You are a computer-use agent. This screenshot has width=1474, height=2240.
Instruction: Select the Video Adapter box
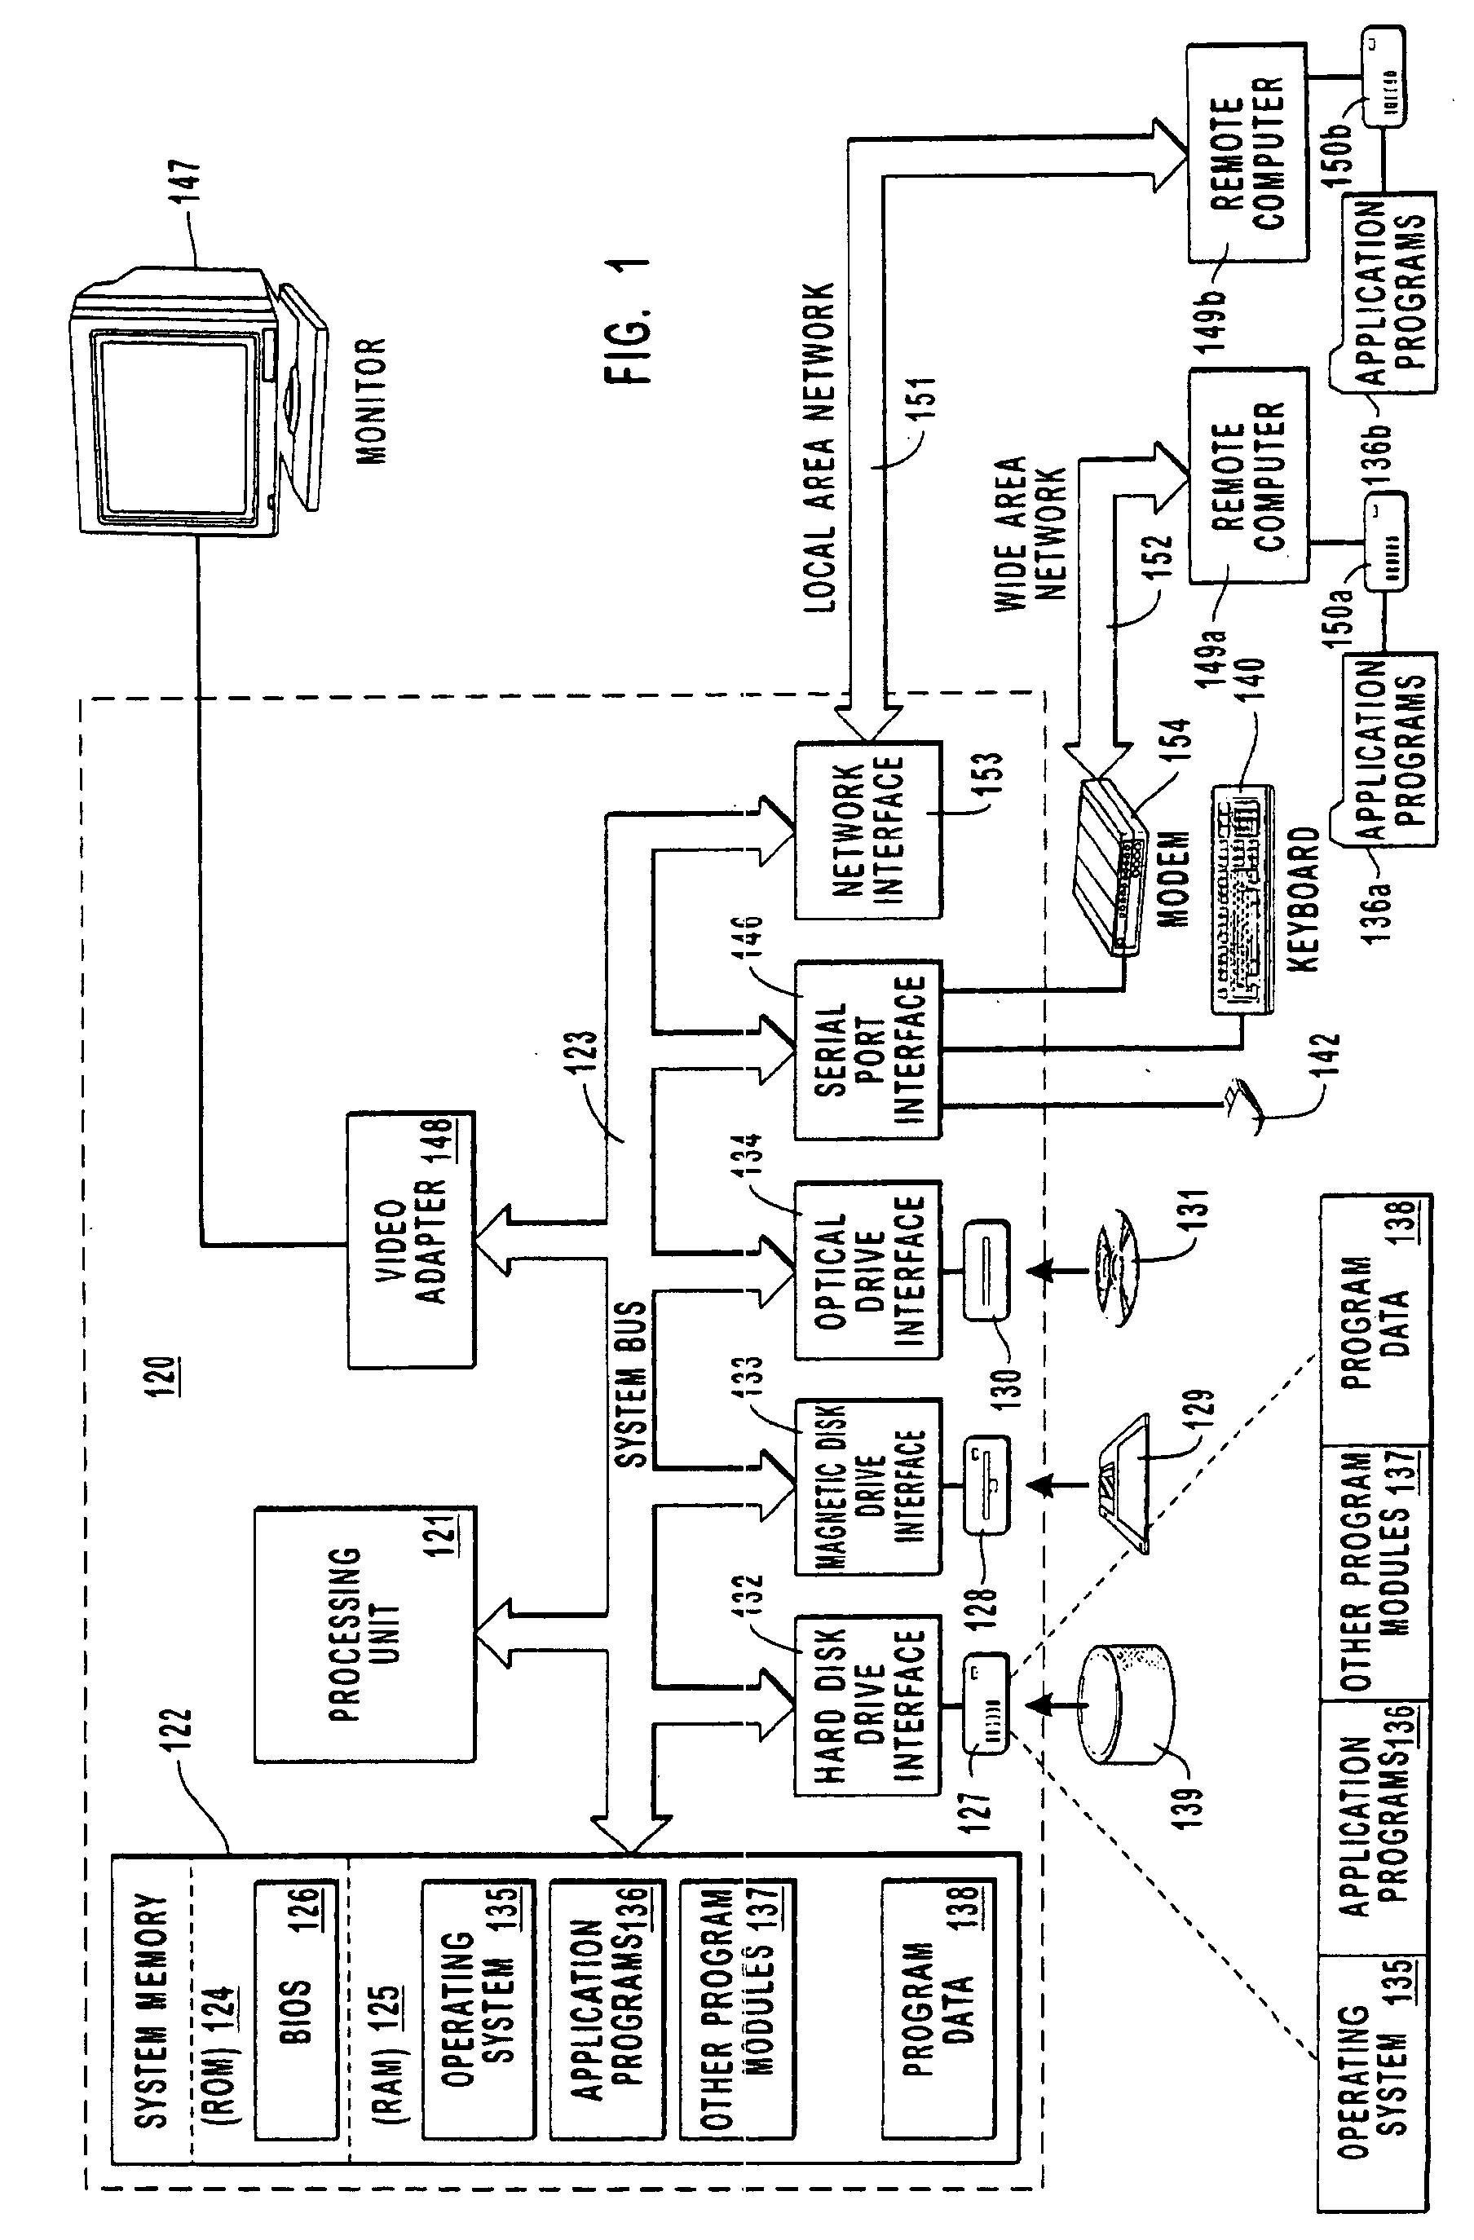[412, 1240]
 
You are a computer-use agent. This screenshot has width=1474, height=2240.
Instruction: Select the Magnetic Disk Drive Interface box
[867, 1486]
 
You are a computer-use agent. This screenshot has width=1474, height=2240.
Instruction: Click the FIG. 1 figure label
[629, 320]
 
